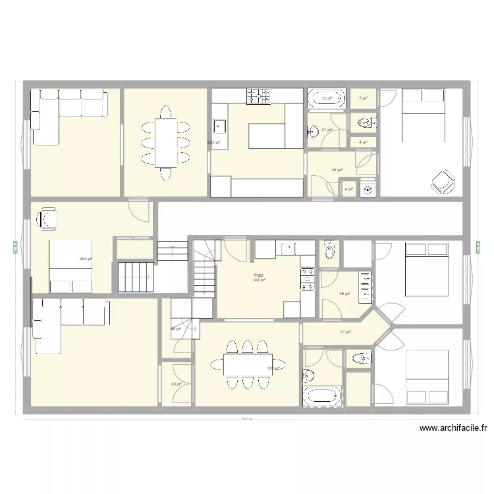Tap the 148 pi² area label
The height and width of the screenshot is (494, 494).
coord(258,280)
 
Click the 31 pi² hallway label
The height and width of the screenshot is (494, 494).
coord(344,332)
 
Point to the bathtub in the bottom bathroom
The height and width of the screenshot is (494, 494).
coord(323,396)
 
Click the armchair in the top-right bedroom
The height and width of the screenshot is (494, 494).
coord(442,181)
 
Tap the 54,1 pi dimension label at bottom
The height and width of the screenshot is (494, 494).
coord(246,419)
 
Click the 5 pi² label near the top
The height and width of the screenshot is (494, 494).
coord(363,98)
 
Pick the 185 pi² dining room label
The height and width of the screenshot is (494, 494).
coord(271,368)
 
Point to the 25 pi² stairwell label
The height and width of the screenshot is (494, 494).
coord(176,329)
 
